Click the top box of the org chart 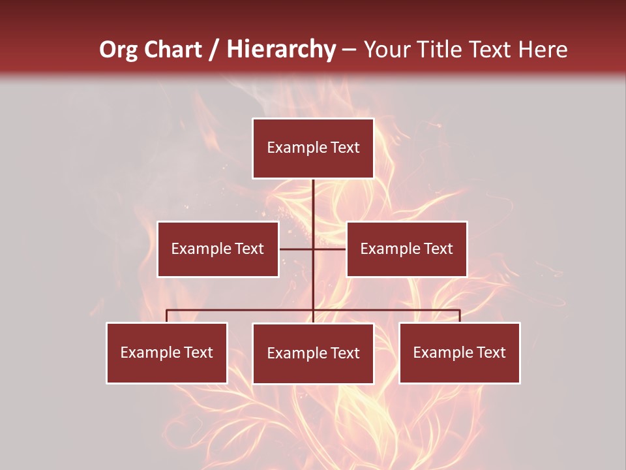pyautogui.click(x=313, y=148)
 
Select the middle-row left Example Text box pyautogui.click(x=218, y=249)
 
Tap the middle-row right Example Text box pyautogui.click(x=406, y=249)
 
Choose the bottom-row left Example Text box pyautogui.click(x=166, y=352)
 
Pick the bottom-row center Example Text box pyautogui.click(x=313, y=353)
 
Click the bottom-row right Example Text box pyautogui.click(x=459, y=352)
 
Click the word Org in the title pyautogui.click(x=118, y=50)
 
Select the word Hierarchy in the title pyautogui.click(x=281, y=50)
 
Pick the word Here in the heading pyautogui.click(x=543, y=50)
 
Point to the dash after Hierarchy pyautogui.click(x=349, y=50)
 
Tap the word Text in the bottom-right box pyautogui.click(x=491, y=352)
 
